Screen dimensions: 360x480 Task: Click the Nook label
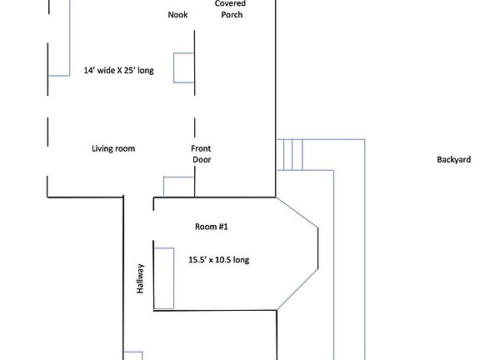coord(177,15)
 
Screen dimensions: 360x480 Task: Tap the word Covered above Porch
coord(231,4)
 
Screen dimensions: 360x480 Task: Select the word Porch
coord(232,15)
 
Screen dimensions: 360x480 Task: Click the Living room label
coord(113,149)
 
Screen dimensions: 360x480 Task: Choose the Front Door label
coord(202,154)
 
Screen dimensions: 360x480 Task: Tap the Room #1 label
coord(211,227)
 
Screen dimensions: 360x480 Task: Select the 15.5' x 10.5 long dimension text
coord(218,260)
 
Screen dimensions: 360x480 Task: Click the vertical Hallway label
coord(141,278)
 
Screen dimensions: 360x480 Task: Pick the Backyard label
coord(453,160)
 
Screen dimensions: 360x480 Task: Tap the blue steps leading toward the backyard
coord(292,155)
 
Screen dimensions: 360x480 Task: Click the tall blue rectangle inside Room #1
coord(163,277)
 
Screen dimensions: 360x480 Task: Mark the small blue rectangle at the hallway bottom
coord(133,356)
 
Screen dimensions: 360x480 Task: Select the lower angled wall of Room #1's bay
coord(297,290)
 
